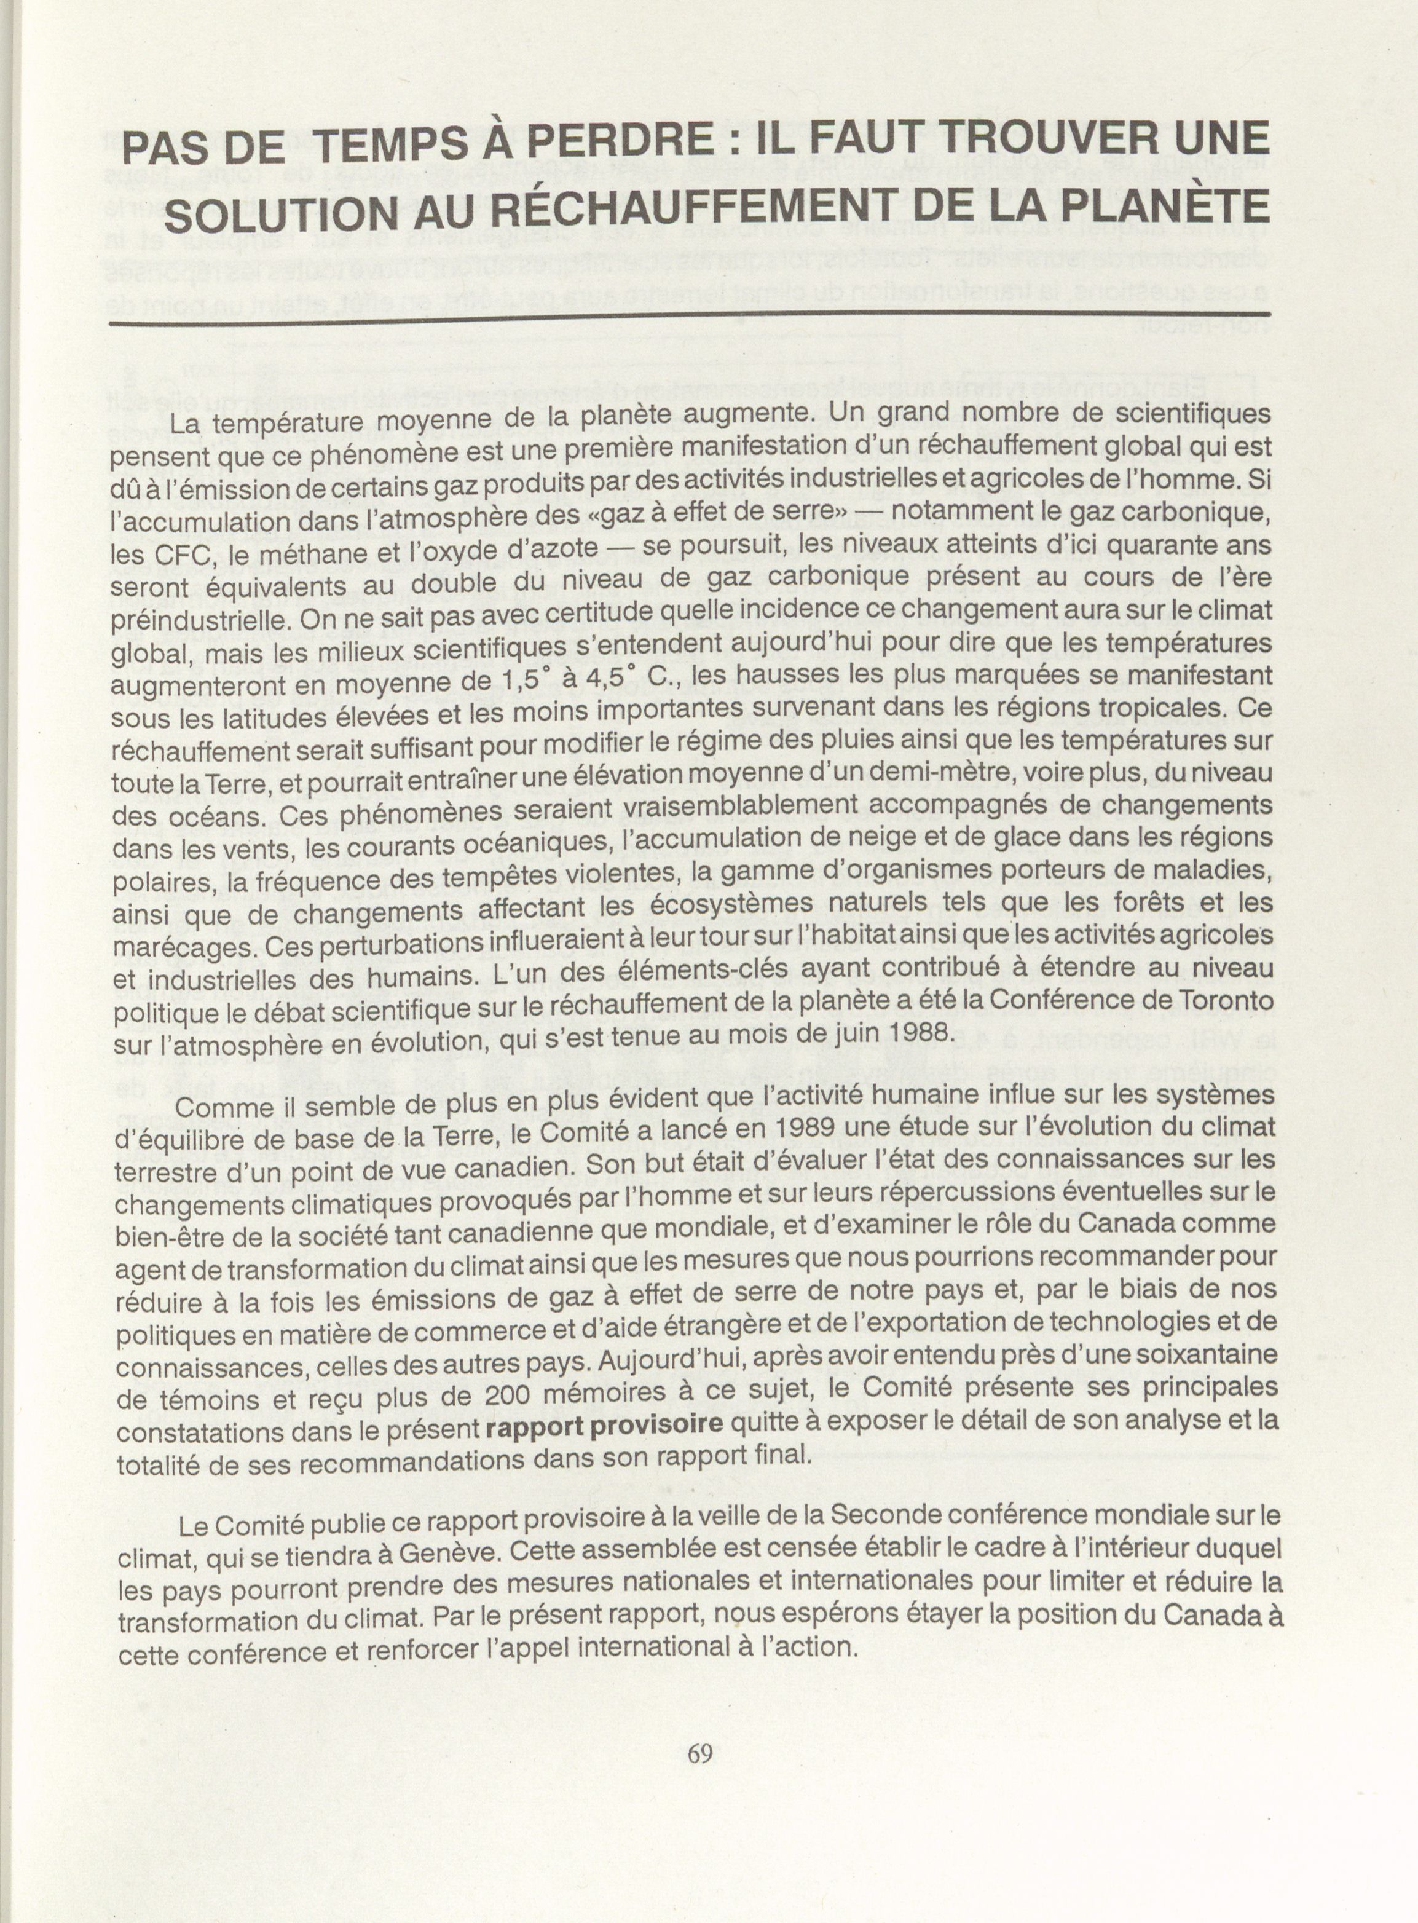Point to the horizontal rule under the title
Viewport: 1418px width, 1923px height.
[687, 319]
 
